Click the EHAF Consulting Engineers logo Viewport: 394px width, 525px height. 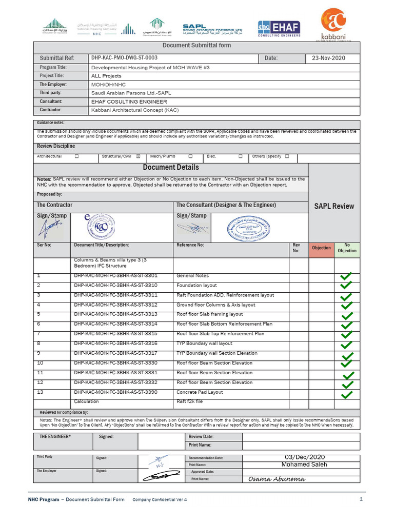[x=279, y=28]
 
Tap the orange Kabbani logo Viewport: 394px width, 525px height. [x=332, y=24]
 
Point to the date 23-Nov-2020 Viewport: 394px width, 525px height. [x=328, y=58]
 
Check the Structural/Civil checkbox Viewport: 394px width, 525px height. [x=137, y=156]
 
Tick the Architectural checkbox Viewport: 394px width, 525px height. [x=77, y=156]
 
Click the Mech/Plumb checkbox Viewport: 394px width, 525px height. [x=190, y=156]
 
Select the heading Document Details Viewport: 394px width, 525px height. [x=171, y=168]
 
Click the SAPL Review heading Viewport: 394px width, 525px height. [x=334, y=206]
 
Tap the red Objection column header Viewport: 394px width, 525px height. [x=321, y=248]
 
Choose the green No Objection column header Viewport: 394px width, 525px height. [x=347, y=248]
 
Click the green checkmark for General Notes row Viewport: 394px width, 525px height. [x=346, y=277]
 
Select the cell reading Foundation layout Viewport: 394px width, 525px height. [x=196, y=286]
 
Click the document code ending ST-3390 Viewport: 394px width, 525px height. [x=115, y=392]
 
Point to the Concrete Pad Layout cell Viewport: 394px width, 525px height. [x=200, y=392]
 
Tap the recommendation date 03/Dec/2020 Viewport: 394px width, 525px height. [x=305, y=457]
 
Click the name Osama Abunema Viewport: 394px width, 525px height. [x=277, y=479]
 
